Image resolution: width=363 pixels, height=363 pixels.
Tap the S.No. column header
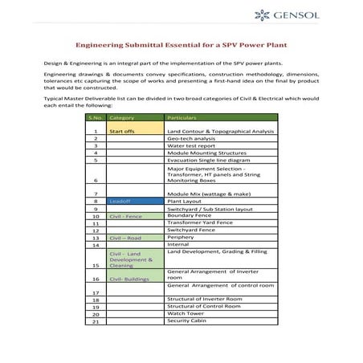[95, 117]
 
